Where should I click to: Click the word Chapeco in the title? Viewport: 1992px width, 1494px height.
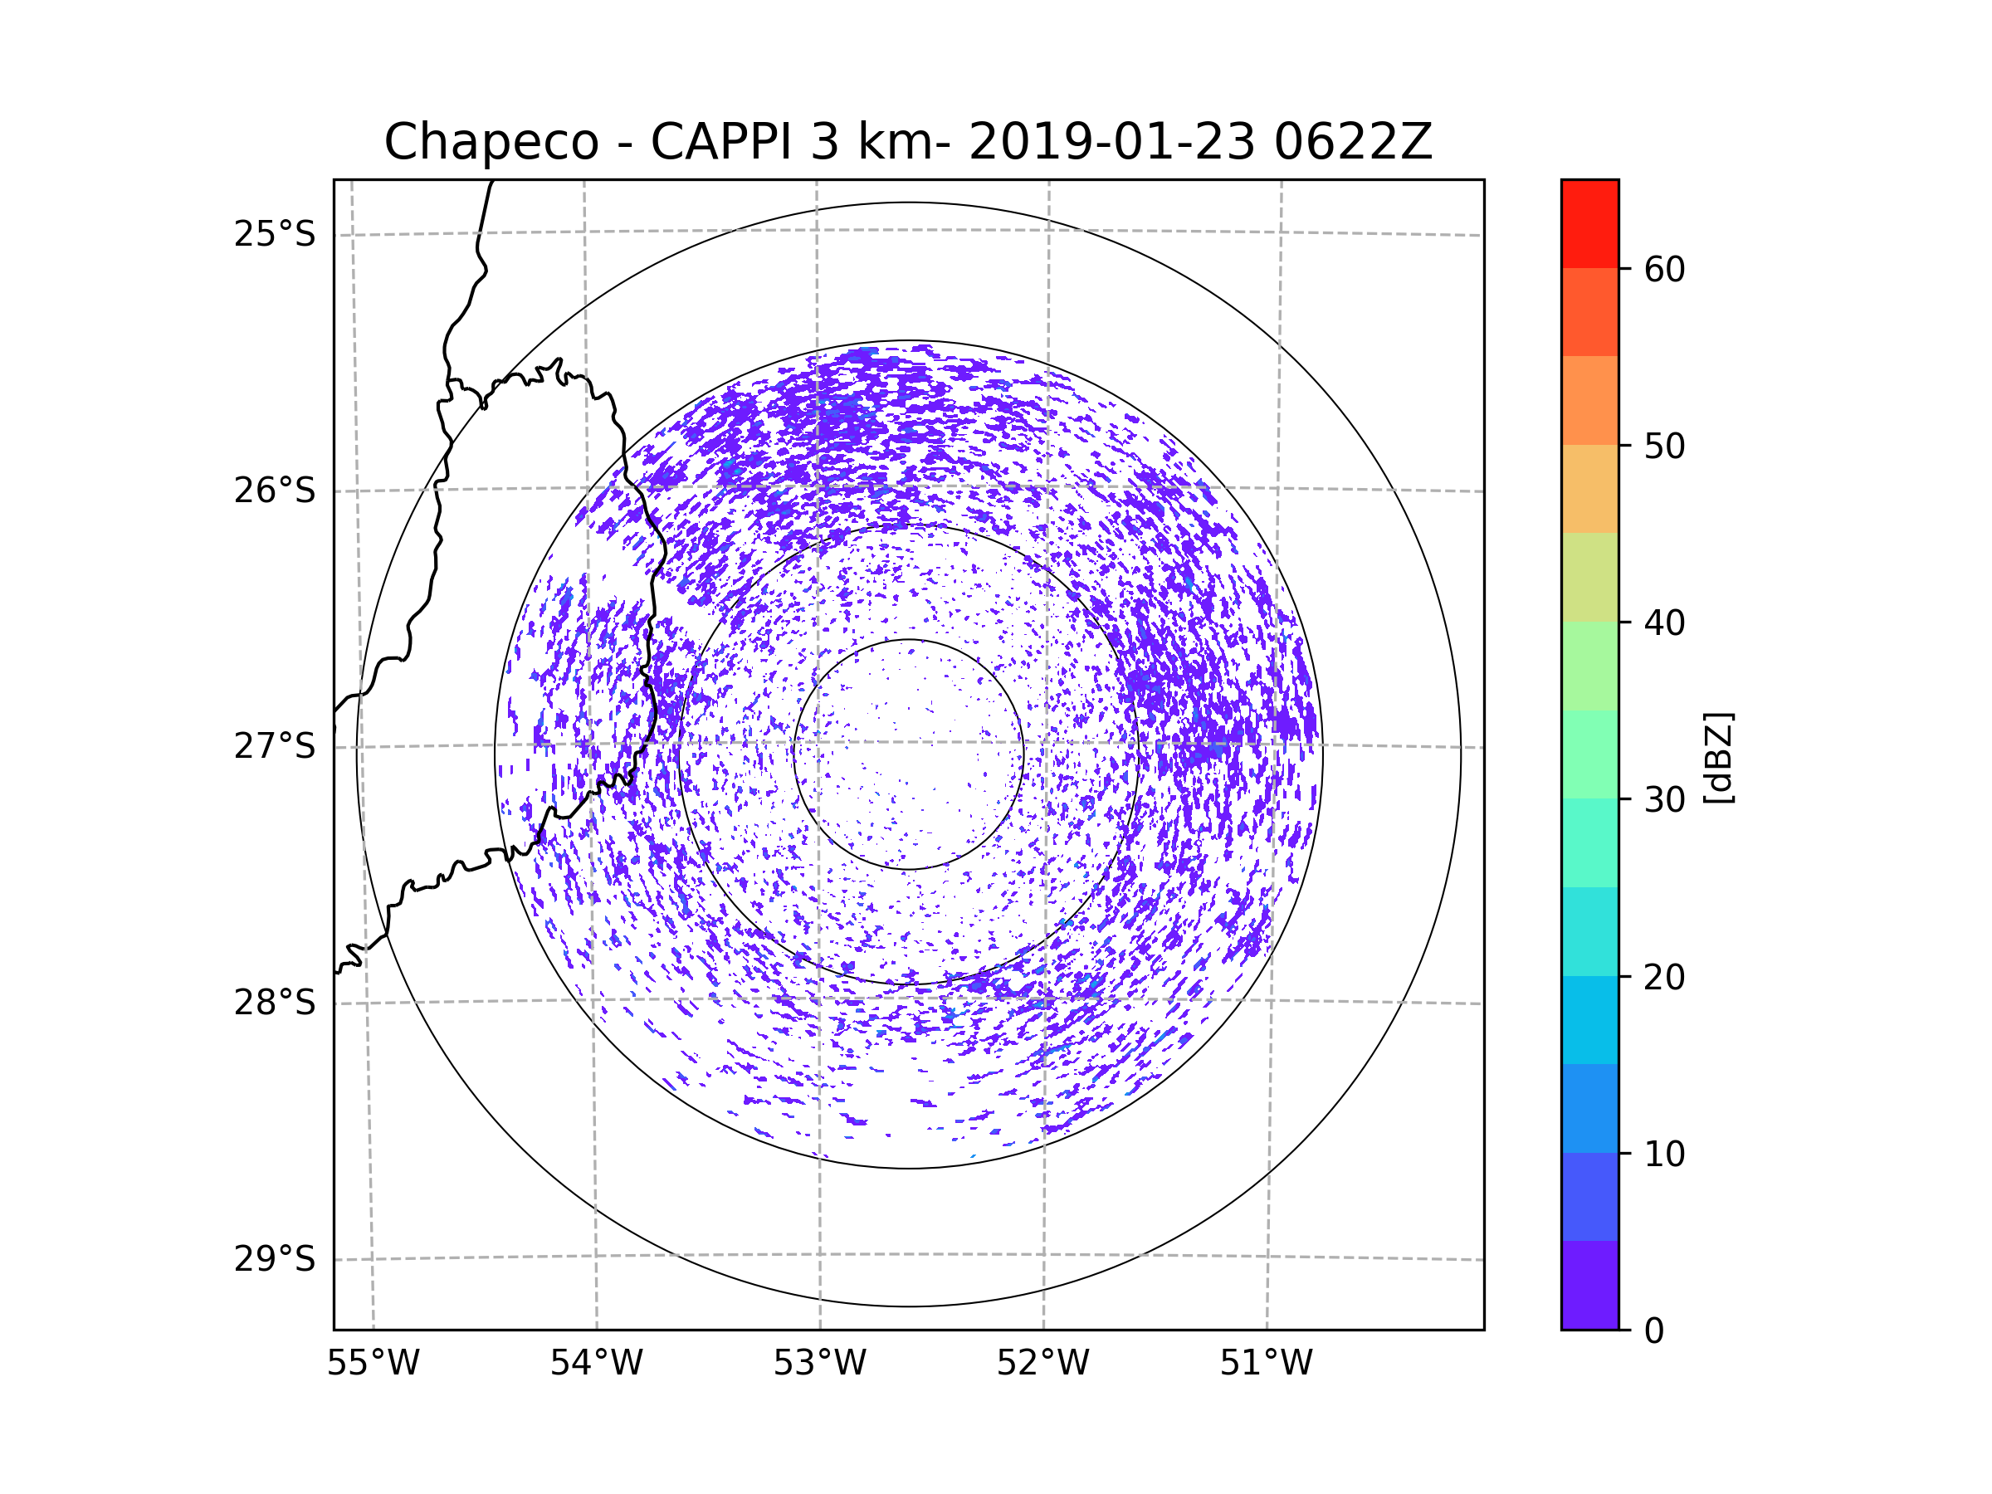pyautogui.click(x=491, y=142)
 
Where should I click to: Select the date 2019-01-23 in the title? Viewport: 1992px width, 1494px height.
pyautogui.click(x=1111, y=142)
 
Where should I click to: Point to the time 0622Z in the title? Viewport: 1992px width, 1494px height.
pyautogui.click(x=1352, y=142)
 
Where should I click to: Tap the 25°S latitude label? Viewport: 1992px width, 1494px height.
pyautogui.click(x=275, y=234)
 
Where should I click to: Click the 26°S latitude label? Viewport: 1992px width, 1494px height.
pyautogui.click(x=275, y=491)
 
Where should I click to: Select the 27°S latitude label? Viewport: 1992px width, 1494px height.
pyautogui.click(x=275, y=746)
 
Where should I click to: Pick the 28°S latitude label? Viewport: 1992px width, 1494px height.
pyautogui.click(x=275, y=1003)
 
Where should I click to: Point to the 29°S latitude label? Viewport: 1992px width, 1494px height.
pyautogui.click(x=275, y=1259)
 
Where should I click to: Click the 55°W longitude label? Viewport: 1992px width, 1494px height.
pyautogui.click(x=373, y=1364)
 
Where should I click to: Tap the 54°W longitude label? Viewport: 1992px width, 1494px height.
pyautogui.click(x=596, y=1364)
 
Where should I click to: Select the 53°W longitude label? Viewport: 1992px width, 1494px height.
pyautogui.click(x=819, y=1364)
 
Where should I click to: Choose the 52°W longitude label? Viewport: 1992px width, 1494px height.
pyautogui.click(x=1042, y=1364)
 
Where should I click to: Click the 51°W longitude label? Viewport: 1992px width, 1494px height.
pyautogui.click(x=1266, y=1364)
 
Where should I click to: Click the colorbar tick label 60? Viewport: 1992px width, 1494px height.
pyautogui.click(x=1664, y=269)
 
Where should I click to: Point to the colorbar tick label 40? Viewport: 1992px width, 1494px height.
pyautogui.click(x=1664, y=623)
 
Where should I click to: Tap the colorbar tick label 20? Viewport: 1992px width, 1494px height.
pyautogui.click(x=1664, y=977)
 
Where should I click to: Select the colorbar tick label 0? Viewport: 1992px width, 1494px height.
pyautogui.click(x=1654, y=1331)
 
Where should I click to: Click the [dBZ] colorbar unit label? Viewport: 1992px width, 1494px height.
pyautogui.click(x=1717, y=759)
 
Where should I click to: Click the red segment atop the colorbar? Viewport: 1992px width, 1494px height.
pyautogui.click(x=1589, y=223)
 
